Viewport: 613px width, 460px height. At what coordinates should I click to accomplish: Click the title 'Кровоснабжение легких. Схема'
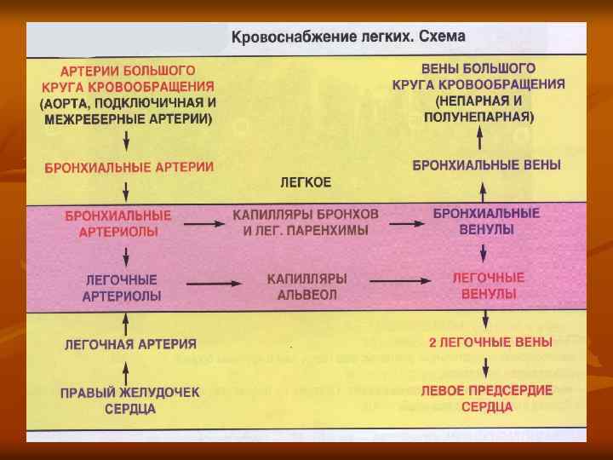pos(349,38)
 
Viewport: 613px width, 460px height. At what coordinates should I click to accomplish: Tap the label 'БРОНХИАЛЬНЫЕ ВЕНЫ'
pos(486,165)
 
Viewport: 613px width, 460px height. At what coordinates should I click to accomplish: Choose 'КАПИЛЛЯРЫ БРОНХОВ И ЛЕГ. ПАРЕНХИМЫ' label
pos(305,222)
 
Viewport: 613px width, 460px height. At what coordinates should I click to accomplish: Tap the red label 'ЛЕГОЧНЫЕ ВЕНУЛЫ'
pos(488,285)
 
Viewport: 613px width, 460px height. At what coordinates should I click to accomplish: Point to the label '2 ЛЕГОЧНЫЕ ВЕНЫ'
pos(490,342)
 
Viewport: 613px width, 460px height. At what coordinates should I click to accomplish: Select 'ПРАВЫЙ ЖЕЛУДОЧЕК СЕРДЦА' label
pos(129,401)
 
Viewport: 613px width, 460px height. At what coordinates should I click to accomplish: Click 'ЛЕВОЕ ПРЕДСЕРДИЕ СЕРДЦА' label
pos(487,398)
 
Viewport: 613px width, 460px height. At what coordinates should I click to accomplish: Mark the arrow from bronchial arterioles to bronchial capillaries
pos(199,223)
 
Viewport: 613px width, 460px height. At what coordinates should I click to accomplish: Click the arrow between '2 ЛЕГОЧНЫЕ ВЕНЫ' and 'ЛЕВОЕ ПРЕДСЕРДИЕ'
pos(485,367)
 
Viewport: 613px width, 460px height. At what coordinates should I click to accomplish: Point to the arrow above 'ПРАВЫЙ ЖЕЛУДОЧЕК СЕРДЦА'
pos(126,371)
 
